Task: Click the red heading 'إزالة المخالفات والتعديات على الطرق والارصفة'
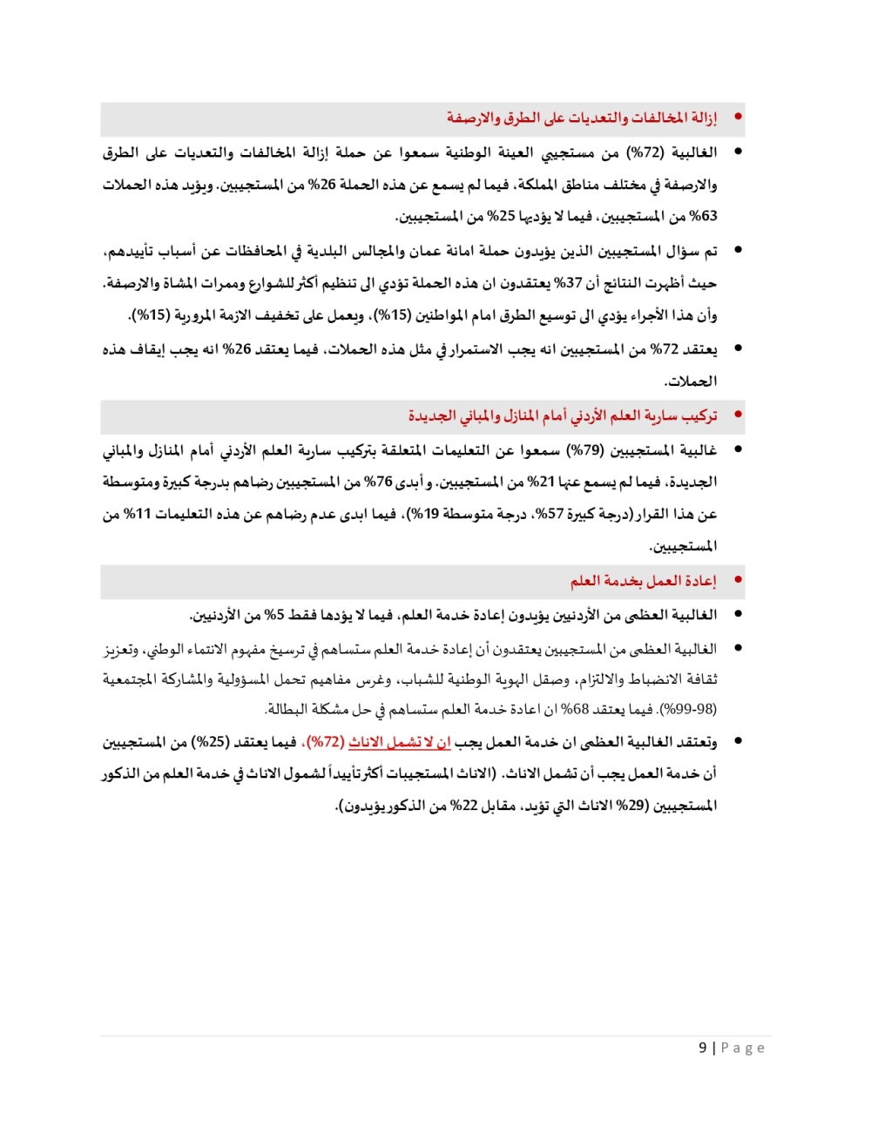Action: click(582, 118)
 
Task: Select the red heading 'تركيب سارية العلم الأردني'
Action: click(563, 416)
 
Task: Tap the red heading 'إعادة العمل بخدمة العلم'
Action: click(644, 581)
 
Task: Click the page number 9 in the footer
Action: click(703, 1048)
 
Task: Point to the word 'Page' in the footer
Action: click(742, 1048)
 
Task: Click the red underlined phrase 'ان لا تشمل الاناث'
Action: click(400, 742)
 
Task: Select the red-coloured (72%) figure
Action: click(327, 742)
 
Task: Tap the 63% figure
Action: click(703, 216)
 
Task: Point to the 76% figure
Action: click(378, 482)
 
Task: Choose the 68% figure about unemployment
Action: click(575, 709)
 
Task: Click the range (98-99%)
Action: click(689, 709)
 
